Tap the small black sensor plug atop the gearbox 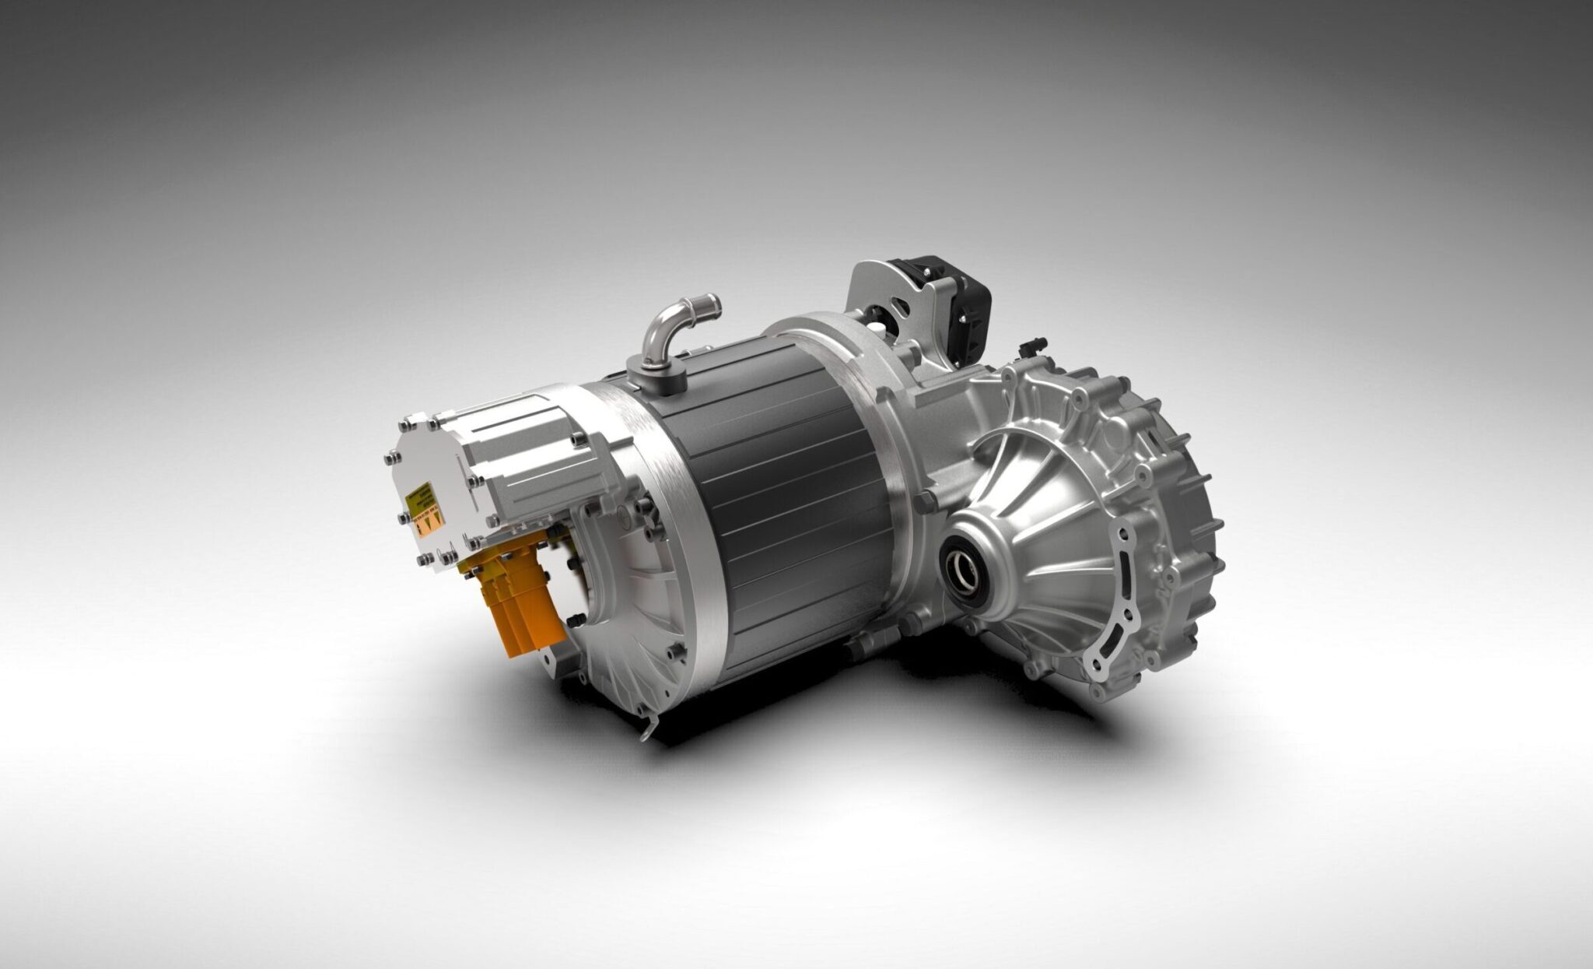(1033, 343)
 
